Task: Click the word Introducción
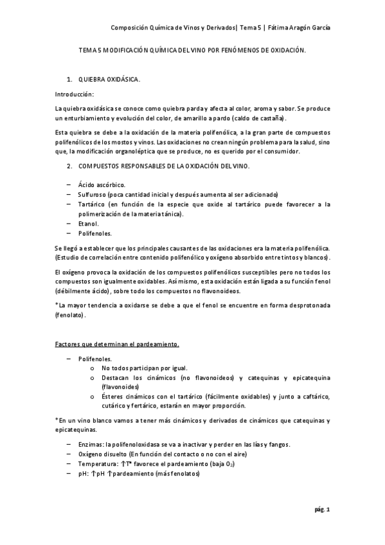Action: click(x=74, y=94)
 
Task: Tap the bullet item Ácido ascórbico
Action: click(x=103, y=184)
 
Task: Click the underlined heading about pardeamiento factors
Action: click(x=116, y=345)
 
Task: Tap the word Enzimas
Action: click(x=91, y=445)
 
